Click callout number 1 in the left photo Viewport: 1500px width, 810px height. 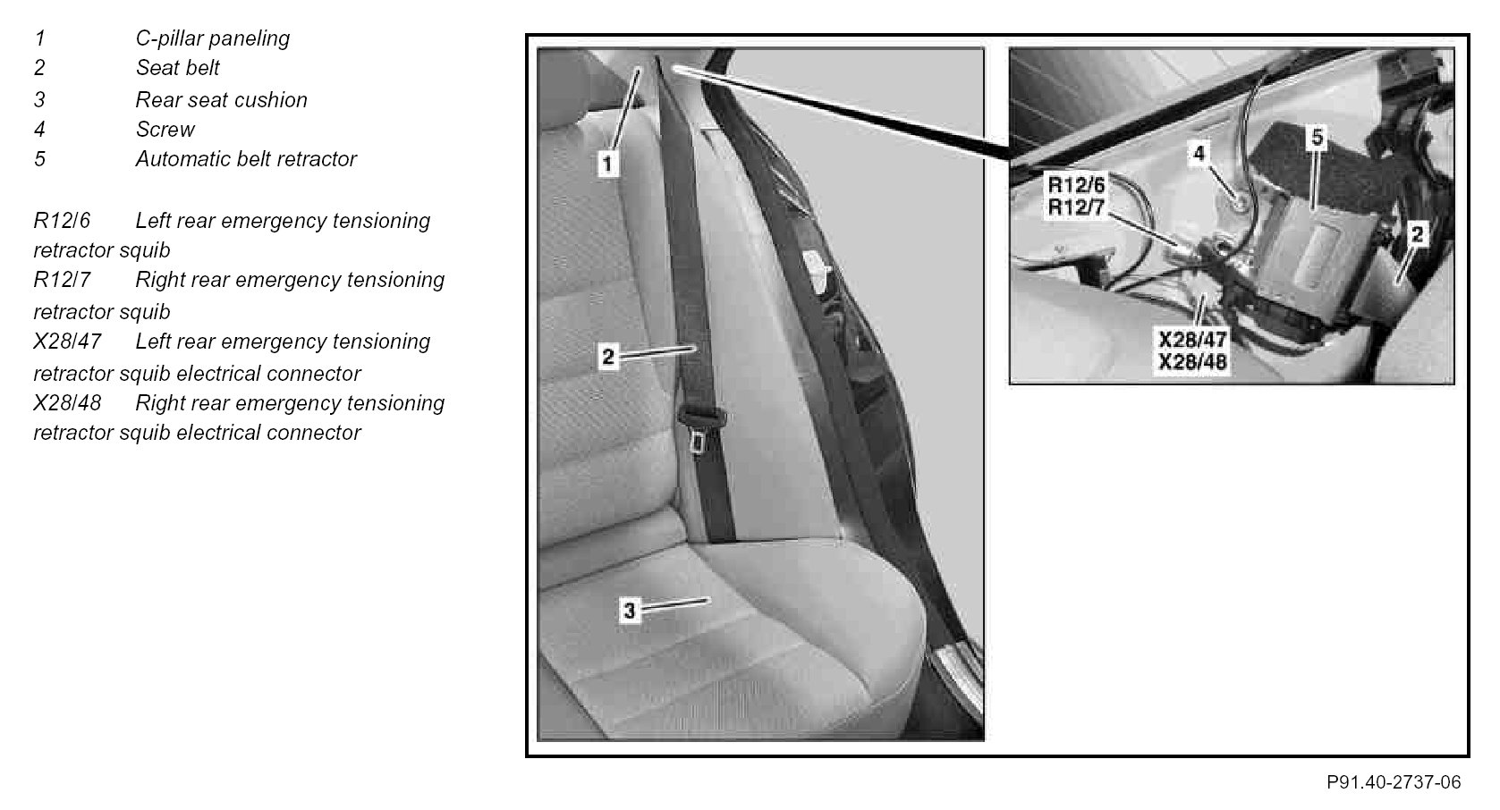607,164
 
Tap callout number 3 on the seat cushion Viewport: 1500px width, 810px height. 629,611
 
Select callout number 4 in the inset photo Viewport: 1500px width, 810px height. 1199,153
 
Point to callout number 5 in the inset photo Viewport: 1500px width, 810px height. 1318,137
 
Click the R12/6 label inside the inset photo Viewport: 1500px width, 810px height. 1077,184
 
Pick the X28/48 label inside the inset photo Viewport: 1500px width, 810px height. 1192,362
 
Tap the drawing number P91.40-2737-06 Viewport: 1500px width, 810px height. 1394,782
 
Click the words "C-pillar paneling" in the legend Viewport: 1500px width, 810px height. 212,38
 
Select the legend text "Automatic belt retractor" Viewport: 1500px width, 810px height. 246,159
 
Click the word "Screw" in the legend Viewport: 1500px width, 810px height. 165,130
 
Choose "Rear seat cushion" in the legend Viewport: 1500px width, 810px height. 221,100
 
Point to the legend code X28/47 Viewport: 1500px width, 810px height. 67,342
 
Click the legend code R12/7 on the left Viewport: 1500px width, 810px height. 62,280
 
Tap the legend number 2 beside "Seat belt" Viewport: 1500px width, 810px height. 39,68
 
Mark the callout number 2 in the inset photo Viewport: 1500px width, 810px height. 1416,234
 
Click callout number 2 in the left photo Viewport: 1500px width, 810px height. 607,357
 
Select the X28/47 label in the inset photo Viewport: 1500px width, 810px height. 1192,340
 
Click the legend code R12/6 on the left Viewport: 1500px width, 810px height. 62,221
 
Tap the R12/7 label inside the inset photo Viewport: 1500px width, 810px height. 1077,207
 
